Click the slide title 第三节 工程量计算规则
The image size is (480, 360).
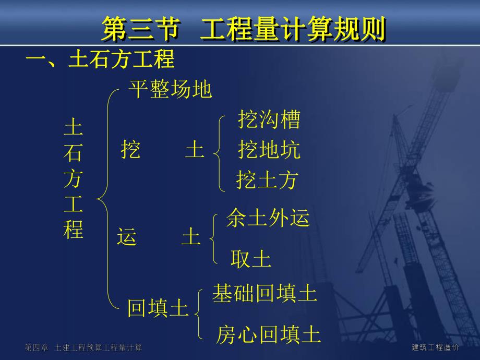click(x=243, y=29)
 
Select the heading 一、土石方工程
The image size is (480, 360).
click(x=100, y=60)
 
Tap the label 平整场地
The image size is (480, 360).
click(x=170, y=90)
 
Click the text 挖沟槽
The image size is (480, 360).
click(x=269, y=120)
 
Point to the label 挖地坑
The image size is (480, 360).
click(x=269, y=150)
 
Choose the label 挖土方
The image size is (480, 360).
click(x=267, y=180)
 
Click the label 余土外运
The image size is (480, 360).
click(x=268, y=219)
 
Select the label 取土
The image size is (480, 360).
click(x=251, y=259)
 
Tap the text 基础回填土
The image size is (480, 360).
click(x=265, y=293)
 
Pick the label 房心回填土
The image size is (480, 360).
click(x=268, y=335)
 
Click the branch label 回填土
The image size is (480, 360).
click(x=158, y=309)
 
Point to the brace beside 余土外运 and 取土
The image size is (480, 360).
click(x=213, y=239)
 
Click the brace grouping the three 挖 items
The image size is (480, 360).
click(x=219, y=152)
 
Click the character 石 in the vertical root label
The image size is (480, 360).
click(x=73, y=154)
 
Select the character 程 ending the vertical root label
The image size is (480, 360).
click(x=73, y=230)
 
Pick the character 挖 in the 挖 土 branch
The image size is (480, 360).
click(x=130, y=150)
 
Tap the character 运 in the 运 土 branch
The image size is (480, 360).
click(x=127, y=237)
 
